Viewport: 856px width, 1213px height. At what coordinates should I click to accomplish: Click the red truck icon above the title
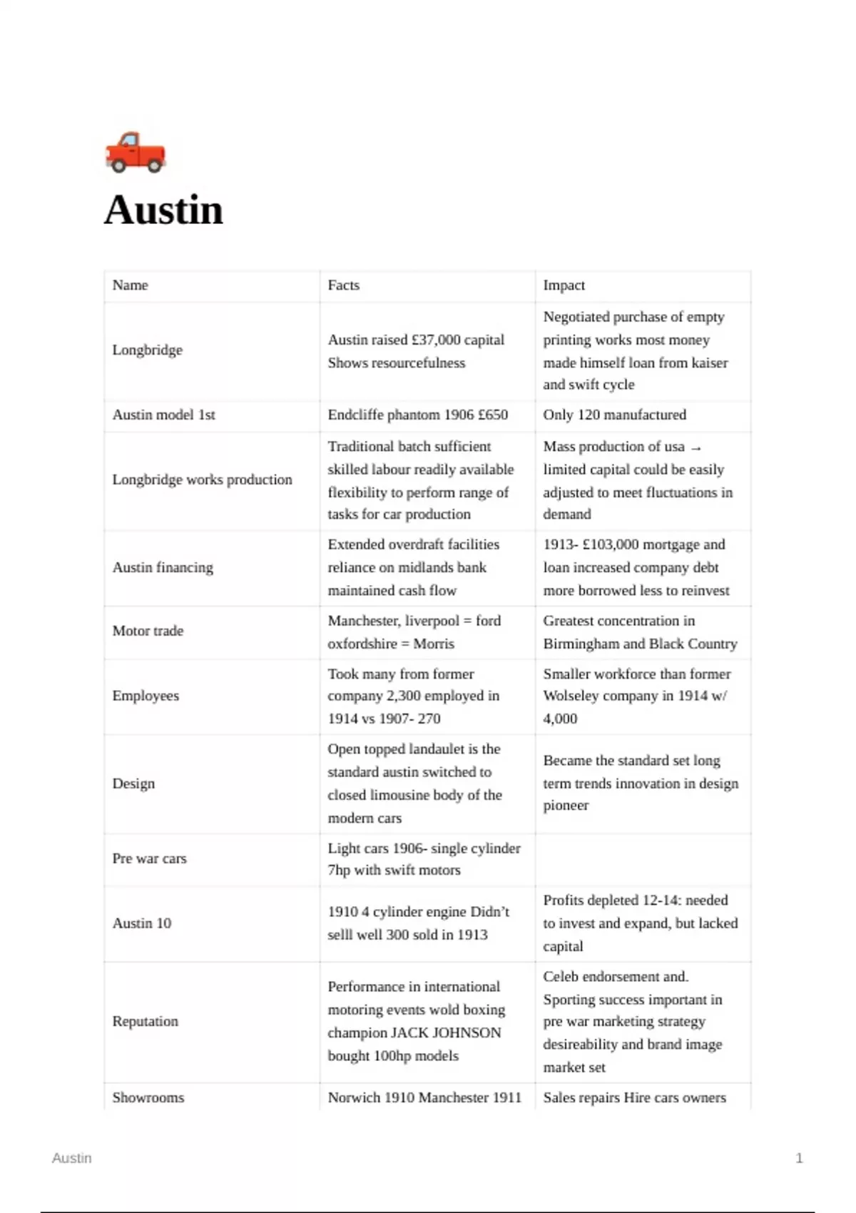tap(136, 152)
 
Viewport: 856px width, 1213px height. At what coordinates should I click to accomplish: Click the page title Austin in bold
tap(163, 210)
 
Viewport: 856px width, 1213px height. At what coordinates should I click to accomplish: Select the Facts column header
tap(344, 285)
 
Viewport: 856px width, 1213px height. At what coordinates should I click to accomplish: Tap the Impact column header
tap(564, 285)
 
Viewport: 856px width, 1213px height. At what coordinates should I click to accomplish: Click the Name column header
tap(130, 285)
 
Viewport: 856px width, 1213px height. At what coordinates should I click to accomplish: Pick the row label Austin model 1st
tap(163, 415)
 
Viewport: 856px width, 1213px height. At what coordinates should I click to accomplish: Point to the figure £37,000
tap(436, 340)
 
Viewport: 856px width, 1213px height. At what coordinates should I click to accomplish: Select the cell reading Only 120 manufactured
tap(614, 415)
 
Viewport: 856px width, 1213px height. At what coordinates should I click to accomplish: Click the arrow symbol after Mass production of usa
tap(696, 448)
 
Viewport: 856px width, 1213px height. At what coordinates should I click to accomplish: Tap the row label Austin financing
tap(163, 568)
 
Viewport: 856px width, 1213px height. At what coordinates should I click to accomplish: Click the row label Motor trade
tap(148, 631)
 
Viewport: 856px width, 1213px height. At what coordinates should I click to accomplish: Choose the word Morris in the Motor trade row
tap(434, 644)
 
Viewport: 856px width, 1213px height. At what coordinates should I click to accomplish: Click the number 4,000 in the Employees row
tap(560, 719)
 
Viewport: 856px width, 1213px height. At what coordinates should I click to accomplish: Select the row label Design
tap(133, 784)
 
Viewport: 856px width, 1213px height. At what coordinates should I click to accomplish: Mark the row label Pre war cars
tap(149, 859)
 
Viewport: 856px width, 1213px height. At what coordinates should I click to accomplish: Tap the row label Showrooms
tap(148, 1098)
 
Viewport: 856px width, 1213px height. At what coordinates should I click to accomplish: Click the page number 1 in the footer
tap(799, 1158)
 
